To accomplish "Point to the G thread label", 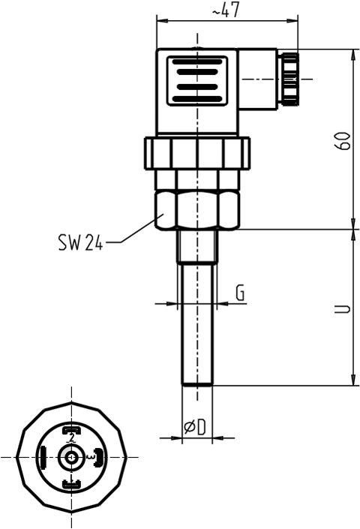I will pyautogui.click(x=239, y=293).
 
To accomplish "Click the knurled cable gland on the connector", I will pyautogui.click(x=289, y=78).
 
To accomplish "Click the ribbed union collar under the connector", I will pyautogui.click(x=198, y=153).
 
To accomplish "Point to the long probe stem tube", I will pyautogui.click(x=198, y=323).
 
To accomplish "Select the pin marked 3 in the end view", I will pyautogui.click(x=98, y=456).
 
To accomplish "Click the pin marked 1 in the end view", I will pyautogui.click(x=71, y=485).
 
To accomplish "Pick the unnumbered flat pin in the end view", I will pyautogui.click(x=43, y=456).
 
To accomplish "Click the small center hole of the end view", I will pyautogui.click(x=71, y=456).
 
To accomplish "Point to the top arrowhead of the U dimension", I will pyautogui.click(x=353, y=233).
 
